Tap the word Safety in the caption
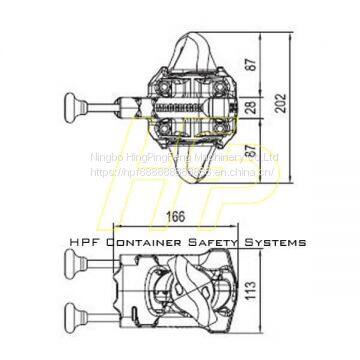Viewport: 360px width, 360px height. (214, 241)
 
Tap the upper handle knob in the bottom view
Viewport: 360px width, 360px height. (70, 264)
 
